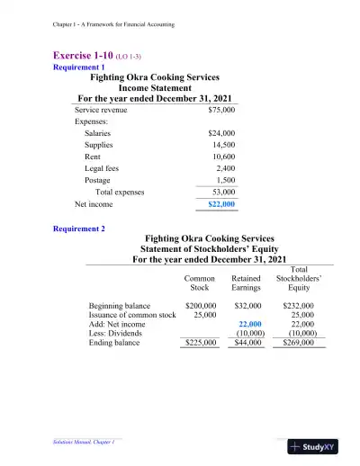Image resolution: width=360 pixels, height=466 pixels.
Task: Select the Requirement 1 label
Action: pyautogui.click(x=79, y=67)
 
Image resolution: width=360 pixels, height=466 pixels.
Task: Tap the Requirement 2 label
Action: pyautogui.click(x=79, y=229)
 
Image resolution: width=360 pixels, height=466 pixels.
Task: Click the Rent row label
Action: pyautogui.click(x=93, y=157)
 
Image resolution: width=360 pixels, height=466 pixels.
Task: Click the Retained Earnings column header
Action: pyautogui.click(x=247, y=283)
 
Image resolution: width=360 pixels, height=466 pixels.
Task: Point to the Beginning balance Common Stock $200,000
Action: pyautogui.click(x=200, y=307)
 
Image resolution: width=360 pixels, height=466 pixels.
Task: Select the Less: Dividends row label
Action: pyautogui.click(x=119, y=334)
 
